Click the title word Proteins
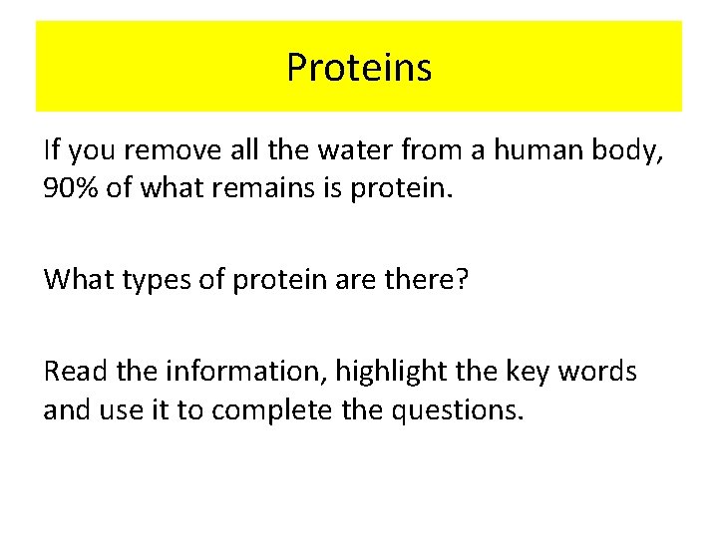click(359, 68)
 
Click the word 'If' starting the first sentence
click(53, 150)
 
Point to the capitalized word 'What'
click(79, 280)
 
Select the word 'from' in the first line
click(432, 150)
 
